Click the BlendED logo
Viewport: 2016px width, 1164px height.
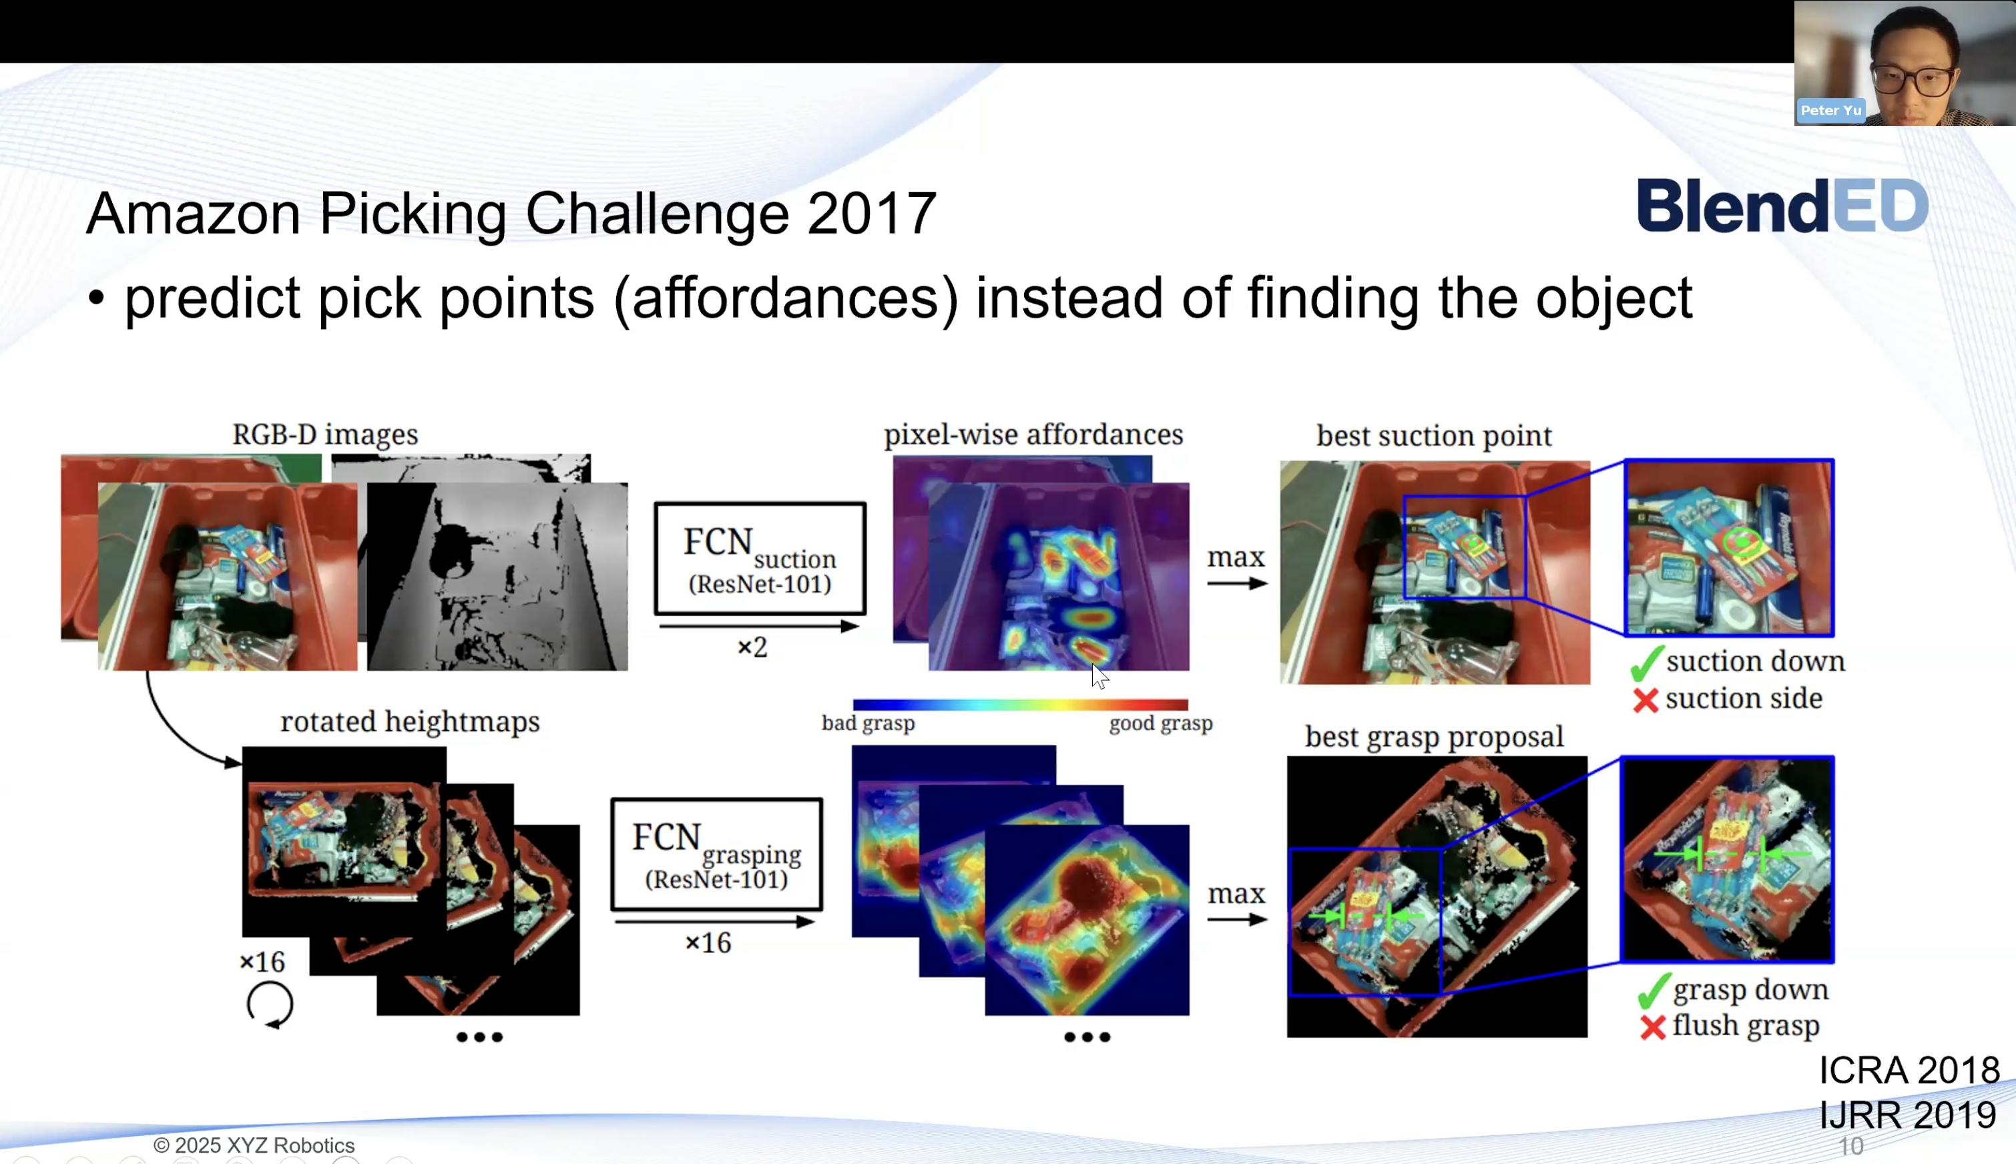coord(1782,206)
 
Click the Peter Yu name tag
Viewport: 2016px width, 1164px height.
coord(1830,110)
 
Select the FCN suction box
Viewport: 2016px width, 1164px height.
coord(760,558)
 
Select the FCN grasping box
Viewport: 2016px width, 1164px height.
coord(716,854)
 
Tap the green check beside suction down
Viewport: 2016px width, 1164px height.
coord(1646,663)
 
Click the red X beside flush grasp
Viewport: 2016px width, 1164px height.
coord(1652,1027)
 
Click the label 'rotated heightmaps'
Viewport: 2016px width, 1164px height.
coord(410,721)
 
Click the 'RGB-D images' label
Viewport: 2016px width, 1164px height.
coord(325,434)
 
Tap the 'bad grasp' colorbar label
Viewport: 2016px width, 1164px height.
coord(868,723)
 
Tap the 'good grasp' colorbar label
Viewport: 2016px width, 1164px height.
coord(1161,723)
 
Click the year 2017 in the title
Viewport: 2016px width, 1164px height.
coord(871,214)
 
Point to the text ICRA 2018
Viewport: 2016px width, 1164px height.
coord(1909,1071)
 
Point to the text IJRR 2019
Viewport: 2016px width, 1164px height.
coord(1907,1115)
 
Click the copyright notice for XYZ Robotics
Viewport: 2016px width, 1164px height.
coord(254,1145)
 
